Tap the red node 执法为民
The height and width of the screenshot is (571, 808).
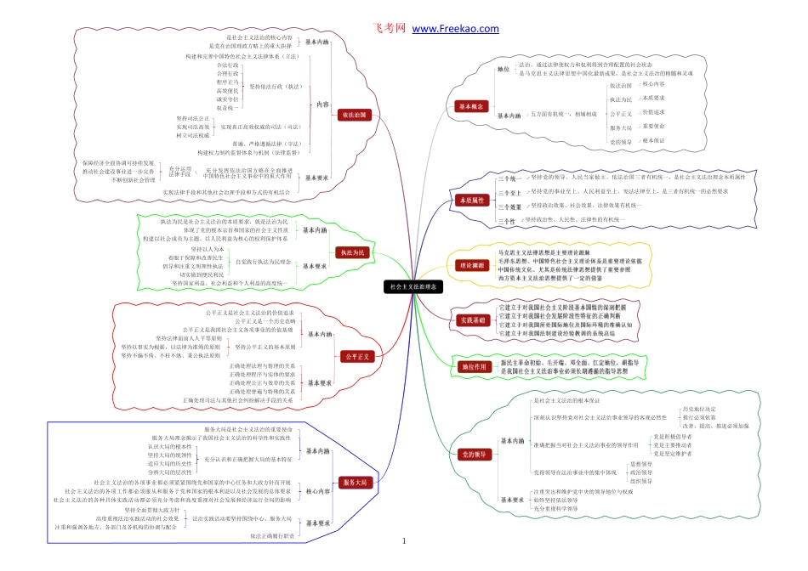pos(353,252)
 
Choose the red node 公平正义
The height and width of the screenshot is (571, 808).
pos(354,357)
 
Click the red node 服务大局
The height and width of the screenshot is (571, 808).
pos(354,482)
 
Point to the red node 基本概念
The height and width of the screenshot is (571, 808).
pos(470,107)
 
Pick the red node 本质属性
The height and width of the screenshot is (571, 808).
pos(470,201)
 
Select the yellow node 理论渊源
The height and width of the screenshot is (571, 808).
pos(470,266)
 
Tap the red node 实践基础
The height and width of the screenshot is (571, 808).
pos(470,320)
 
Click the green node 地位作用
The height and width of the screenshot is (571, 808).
pos(470,367)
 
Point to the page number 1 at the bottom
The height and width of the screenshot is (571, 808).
pos(404,541)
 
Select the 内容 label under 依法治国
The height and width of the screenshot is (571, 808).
pos(321,105)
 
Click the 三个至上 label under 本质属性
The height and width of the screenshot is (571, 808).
pos(510,193)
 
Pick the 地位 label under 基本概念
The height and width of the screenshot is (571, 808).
pos(504,69)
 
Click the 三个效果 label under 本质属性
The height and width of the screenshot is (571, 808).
pos(510,206)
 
